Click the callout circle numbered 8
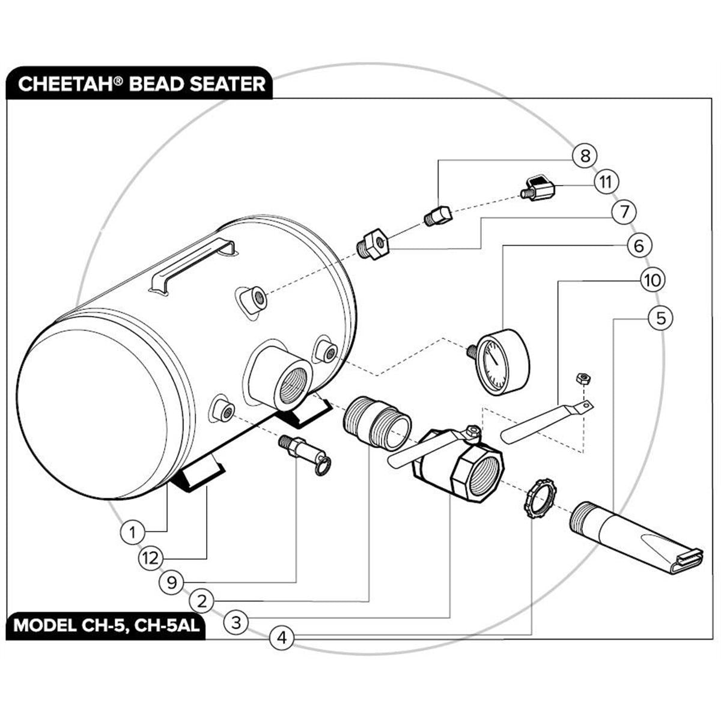(585, 156)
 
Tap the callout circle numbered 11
(606, 182)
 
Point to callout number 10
(653, 280)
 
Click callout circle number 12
(151, 559)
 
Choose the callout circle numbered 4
(282, 637)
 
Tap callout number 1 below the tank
(132, 532)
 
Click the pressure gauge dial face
(494, 363)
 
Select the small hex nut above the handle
(583, 379)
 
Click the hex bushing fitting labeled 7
(373, 244)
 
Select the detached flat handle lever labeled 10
(547, 422)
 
